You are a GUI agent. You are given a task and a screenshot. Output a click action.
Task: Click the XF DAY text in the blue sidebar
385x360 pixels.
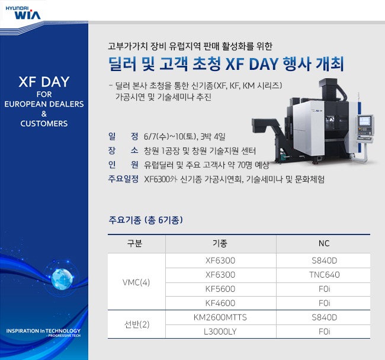[44, 82]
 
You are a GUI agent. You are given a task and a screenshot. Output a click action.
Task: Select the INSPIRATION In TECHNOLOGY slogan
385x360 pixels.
[43, 330]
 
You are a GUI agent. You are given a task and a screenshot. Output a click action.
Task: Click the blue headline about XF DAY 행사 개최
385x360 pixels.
[227, 63]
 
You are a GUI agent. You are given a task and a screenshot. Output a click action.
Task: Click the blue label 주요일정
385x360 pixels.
[123, 179]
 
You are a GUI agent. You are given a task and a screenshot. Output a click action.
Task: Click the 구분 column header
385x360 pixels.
[135, 243]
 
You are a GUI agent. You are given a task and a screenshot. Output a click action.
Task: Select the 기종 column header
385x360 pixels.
[220, 243]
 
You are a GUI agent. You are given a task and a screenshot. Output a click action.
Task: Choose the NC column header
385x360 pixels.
[323, 243]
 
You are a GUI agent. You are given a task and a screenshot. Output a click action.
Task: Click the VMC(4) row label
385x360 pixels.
[136, 282]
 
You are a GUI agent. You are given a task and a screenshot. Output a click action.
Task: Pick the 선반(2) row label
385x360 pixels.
[136, 325]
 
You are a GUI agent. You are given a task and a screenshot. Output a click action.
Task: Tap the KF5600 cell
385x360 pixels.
[220, 289]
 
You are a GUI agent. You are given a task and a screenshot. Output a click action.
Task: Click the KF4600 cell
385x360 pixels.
[220, 303]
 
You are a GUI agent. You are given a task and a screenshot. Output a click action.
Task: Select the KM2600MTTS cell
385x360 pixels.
[220, 318]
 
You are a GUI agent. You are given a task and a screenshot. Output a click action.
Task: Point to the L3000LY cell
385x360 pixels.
[220, 332]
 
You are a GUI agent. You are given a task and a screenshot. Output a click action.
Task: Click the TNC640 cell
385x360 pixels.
[324, 275]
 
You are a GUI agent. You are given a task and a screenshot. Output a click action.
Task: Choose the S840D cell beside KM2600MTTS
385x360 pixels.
[324, 318]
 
